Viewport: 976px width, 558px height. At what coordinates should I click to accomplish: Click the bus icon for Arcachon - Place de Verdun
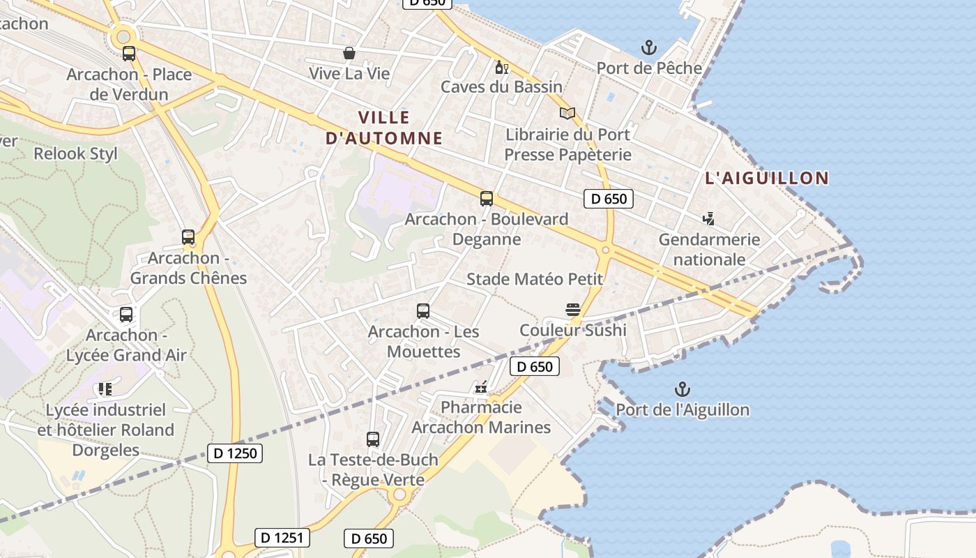point(129,54)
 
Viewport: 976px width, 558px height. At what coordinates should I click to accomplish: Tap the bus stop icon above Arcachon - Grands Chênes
point(188,237)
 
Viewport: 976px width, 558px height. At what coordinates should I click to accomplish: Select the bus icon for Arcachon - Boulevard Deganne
point(487,199)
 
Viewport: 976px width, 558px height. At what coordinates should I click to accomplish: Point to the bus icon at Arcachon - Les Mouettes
point(422,311)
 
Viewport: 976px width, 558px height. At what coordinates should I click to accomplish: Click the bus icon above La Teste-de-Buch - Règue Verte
point(373,439)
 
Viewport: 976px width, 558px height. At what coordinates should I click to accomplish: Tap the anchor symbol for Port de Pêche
point(649,48)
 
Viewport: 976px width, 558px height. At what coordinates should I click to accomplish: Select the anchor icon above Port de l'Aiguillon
point(683,390)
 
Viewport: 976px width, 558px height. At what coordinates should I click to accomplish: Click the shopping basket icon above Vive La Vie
point(349,53)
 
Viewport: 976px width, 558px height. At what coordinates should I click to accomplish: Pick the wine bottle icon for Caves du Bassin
point(501,67)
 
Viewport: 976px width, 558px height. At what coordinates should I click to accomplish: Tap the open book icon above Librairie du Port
point(567,114)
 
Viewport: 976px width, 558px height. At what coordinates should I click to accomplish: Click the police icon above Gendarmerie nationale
point(709,220)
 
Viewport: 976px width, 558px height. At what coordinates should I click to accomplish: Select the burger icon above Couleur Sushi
point(573,310)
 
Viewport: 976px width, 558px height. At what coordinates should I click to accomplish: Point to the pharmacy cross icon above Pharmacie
point(481,387)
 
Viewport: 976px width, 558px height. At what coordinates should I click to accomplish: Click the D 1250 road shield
point(235,453)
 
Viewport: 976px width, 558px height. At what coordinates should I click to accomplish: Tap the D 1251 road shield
point(282,538)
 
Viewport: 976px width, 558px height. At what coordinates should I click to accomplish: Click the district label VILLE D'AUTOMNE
point(384,128)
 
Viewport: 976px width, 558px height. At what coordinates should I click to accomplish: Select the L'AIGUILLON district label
point(767,178)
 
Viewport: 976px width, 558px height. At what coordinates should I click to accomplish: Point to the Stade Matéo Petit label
point(534,280)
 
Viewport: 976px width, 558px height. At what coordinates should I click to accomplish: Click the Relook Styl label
point(76,153)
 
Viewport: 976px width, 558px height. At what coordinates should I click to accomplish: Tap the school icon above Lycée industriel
point(105,389)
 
